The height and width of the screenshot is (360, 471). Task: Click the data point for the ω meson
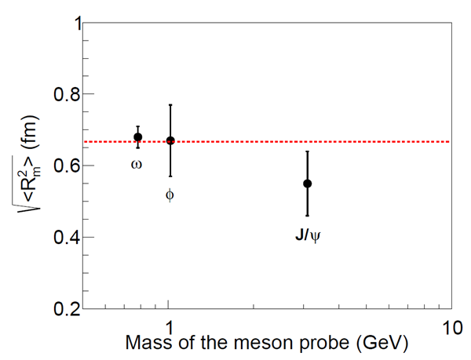(138, 137)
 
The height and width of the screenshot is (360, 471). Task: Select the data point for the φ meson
(170, 140)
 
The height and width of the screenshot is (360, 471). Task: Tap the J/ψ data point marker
(308, 184)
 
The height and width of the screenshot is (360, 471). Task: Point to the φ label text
(170, 195)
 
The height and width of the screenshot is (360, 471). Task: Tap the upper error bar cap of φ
(170, 104)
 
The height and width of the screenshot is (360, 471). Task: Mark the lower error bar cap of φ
(170, 176)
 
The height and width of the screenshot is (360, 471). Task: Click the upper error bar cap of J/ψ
(308, 151)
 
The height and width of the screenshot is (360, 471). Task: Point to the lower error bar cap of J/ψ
(308, 216)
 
